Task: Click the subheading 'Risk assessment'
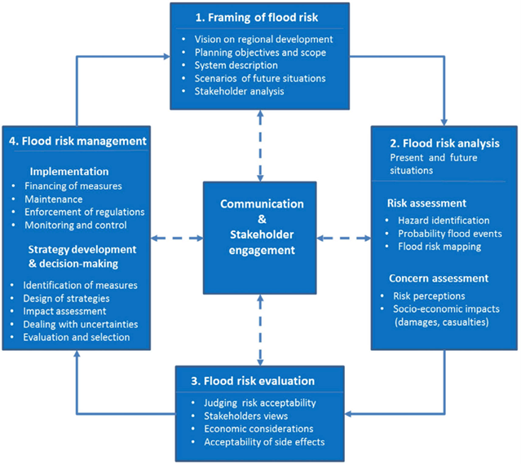point(426,203)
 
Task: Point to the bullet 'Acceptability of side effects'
point(266,441)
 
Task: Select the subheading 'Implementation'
point(68,172)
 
